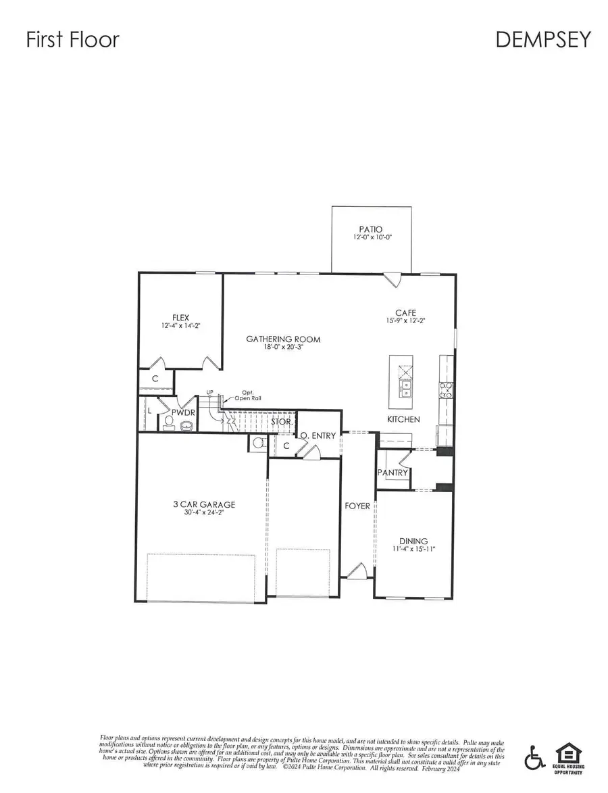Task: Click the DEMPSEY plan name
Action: point(543,39)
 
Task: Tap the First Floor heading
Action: point(72,39)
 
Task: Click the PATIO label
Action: point(371,230)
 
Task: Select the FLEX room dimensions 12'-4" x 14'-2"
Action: point(180,326)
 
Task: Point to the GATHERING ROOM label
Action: point(283,339)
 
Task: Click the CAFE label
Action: point(405,313)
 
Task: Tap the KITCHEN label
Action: point(403,419)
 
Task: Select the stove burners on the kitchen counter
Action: point(447,389)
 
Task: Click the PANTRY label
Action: point(392,473)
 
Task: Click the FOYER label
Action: point(357,506)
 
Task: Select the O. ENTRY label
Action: point(318,436)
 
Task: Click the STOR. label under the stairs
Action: point(282,422)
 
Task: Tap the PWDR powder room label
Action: point(182,412)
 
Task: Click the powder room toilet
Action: point(169,424)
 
